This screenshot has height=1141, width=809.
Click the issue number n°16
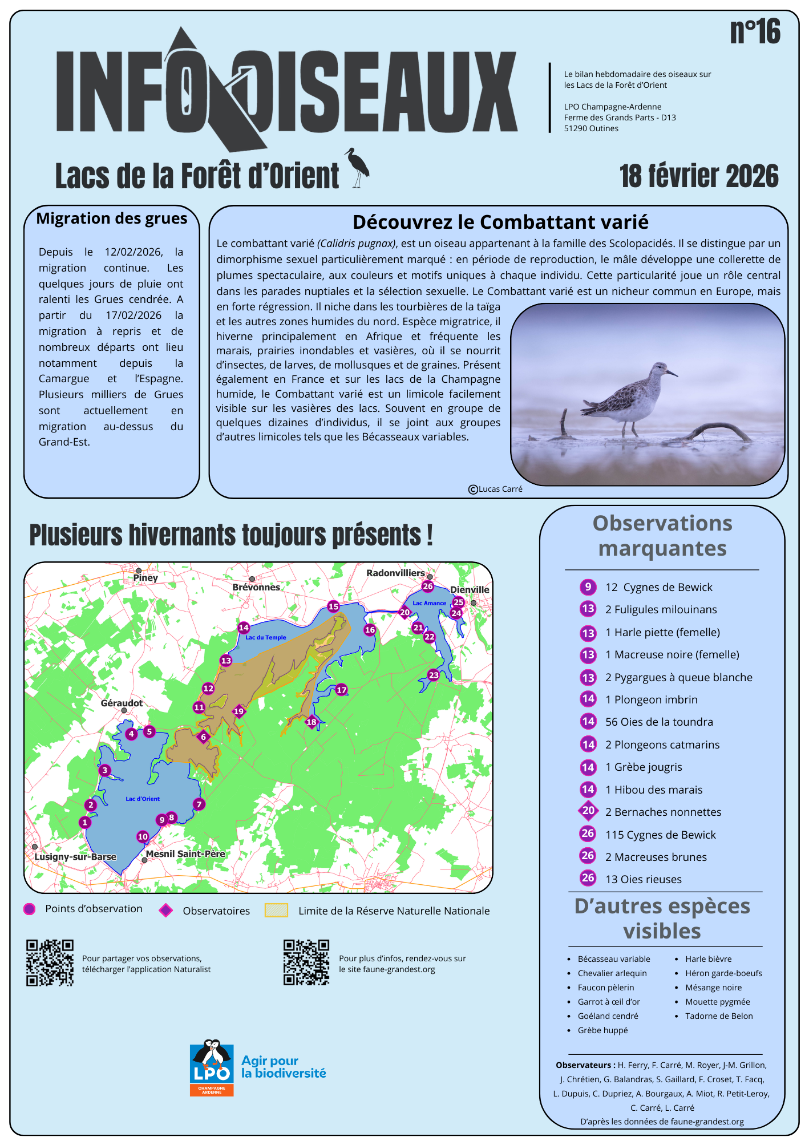point(755,31)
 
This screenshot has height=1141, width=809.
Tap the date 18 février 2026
point(699,176)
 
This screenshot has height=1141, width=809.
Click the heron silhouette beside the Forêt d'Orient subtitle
point(358,168)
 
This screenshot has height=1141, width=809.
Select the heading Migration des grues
point(112,219)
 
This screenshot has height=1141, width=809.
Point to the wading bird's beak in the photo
point(672,374)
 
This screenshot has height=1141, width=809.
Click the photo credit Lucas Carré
point(496,489)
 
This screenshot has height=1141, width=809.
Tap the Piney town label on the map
point(145,578)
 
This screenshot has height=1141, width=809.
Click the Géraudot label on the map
point(122,703)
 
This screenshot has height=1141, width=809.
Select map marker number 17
point(341,690)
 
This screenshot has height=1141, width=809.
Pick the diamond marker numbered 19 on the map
point(238,711)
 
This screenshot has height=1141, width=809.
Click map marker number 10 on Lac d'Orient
point(143,836)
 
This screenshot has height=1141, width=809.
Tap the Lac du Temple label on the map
point(266,638)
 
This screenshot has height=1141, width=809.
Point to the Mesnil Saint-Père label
point(185,854)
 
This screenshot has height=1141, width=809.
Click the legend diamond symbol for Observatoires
point(166,910)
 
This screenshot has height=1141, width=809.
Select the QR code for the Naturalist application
point(50,962)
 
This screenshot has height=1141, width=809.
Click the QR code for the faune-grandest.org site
point(306,962)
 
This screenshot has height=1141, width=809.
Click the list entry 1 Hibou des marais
point(654,790)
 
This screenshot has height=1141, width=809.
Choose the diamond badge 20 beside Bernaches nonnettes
point(588,811)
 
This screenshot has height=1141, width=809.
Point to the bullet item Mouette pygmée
point(717,1002)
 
